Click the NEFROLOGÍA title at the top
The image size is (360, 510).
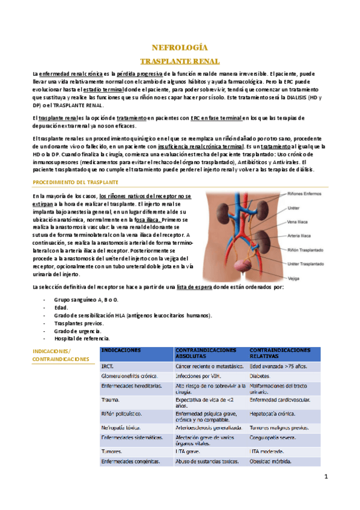180,47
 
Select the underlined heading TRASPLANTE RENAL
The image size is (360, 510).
180,61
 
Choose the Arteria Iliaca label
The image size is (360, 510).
299,236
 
